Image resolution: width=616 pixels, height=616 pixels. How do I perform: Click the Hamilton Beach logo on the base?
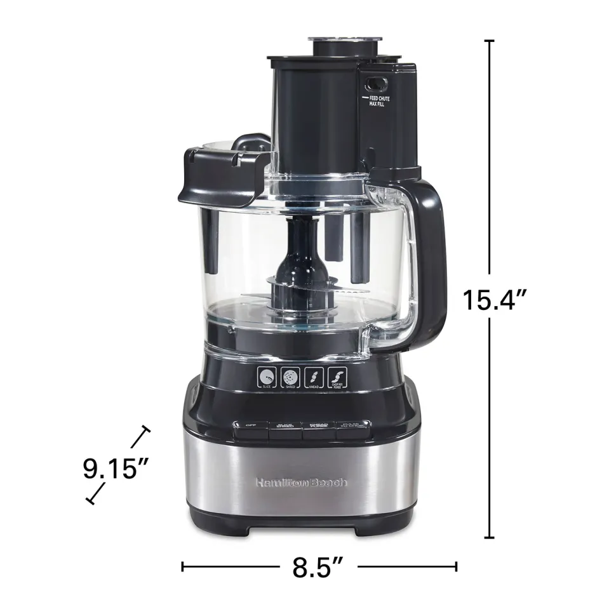pos(301,483)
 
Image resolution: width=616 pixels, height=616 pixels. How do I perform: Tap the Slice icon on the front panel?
pos(267,379)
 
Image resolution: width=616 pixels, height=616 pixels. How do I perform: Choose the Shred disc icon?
pos(291,379)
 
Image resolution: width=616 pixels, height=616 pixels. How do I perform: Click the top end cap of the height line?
pos(489,41)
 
